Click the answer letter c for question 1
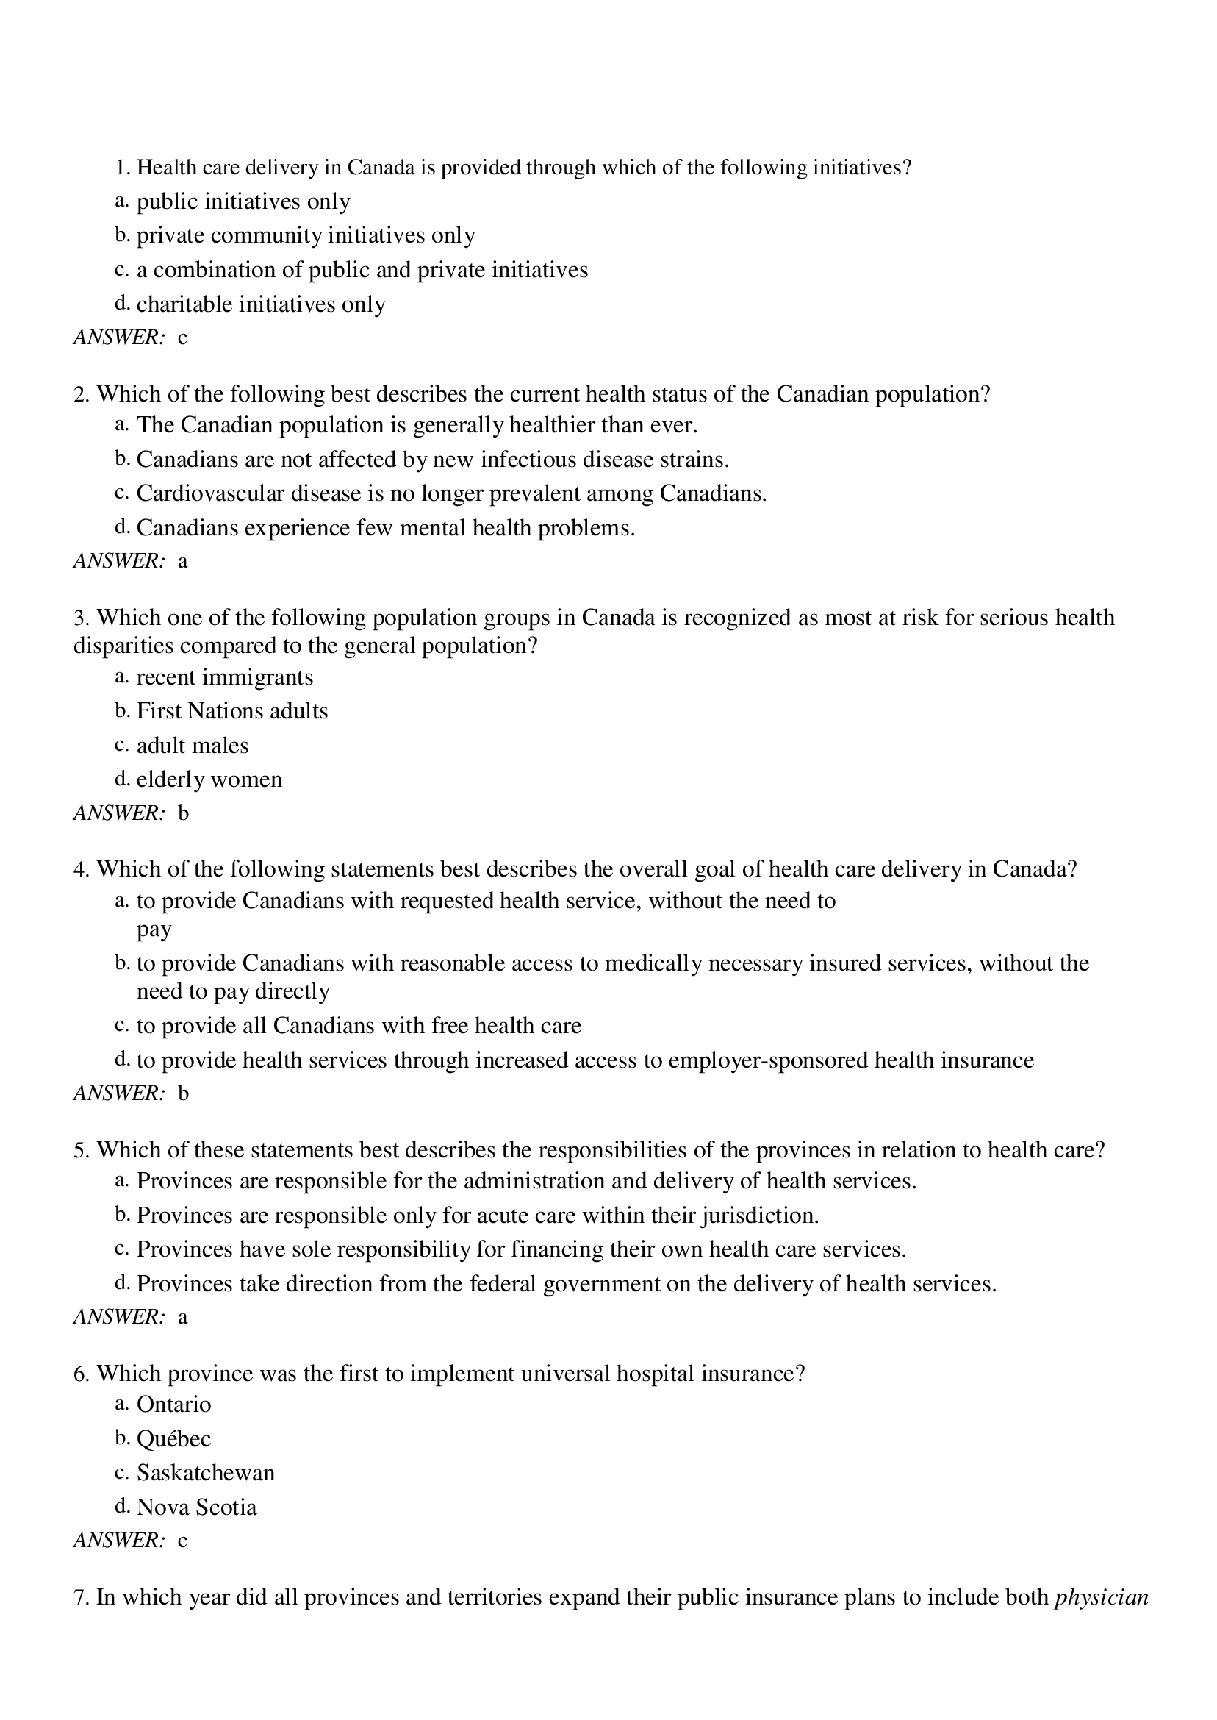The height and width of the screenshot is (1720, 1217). (x=182, y=338)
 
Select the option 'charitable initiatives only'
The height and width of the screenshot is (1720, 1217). (x=261, y=304)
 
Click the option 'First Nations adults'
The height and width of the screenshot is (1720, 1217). (x=231, y=711)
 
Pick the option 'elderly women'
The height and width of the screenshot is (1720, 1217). (x=209, y=779)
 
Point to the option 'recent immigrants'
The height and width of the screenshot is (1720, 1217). (x=225, y=677)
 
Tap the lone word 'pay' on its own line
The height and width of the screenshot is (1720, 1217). (x=154, y=929)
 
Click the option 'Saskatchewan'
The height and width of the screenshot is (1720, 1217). (x=205, y=1473)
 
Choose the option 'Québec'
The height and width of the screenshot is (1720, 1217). (x=174, y=1439)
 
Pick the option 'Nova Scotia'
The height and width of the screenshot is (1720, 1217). (x=196, y=1507)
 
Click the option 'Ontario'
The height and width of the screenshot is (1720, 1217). (x=174, y=1405)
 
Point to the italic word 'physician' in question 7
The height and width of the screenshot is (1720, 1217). (x=1101, y=1597)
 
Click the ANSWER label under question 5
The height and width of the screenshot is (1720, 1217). (x=118, y=1316)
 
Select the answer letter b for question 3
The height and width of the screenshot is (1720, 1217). (x=183, y=813)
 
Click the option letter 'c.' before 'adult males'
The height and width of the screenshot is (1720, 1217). (x=122, y=744)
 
